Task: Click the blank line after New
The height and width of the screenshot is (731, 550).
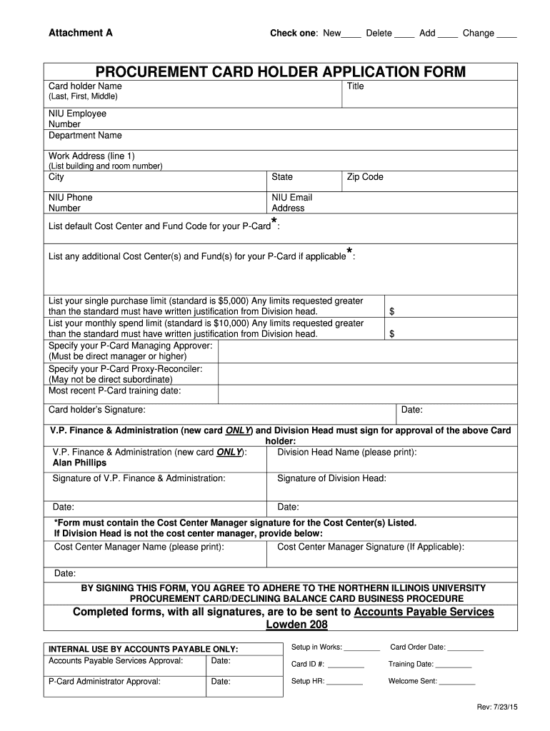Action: pos(351,35)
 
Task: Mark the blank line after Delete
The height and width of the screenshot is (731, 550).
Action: pos(404,35)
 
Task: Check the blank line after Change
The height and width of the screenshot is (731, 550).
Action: pos(506,35)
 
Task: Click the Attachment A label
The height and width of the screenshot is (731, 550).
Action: pos(80,33)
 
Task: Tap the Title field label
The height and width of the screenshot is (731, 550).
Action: pos(355,86)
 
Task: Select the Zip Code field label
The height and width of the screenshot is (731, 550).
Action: pos(365,177)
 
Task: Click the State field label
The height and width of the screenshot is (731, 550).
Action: pos(282,177)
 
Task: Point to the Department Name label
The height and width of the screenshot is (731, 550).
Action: pos(85,136)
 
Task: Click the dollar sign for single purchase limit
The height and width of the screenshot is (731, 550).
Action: pos(391,312)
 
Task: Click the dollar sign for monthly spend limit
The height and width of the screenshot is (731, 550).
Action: pos(391,333)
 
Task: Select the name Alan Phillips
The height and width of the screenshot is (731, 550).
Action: pos(79,463)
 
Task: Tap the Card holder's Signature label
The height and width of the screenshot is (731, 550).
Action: pos(96,410)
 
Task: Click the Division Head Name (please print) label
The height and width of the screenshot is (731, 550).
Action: pos(346,452)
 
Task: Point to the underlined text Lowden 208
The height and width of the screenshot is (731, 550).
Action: pos(296,625)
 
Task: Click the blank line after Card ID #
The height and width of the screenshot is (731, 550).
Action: pos(346,665)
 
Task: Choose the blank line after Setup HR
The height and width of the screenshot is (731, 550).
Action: pos(345,682)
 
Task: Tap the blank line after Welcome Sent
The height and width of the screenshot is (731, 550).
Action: pos(457,682)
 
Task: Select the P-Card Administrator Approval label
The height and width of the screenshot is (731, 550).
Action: pos(104,681)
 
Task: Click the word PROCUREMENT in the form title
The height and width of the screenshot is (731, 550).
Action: pos(149,72)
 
